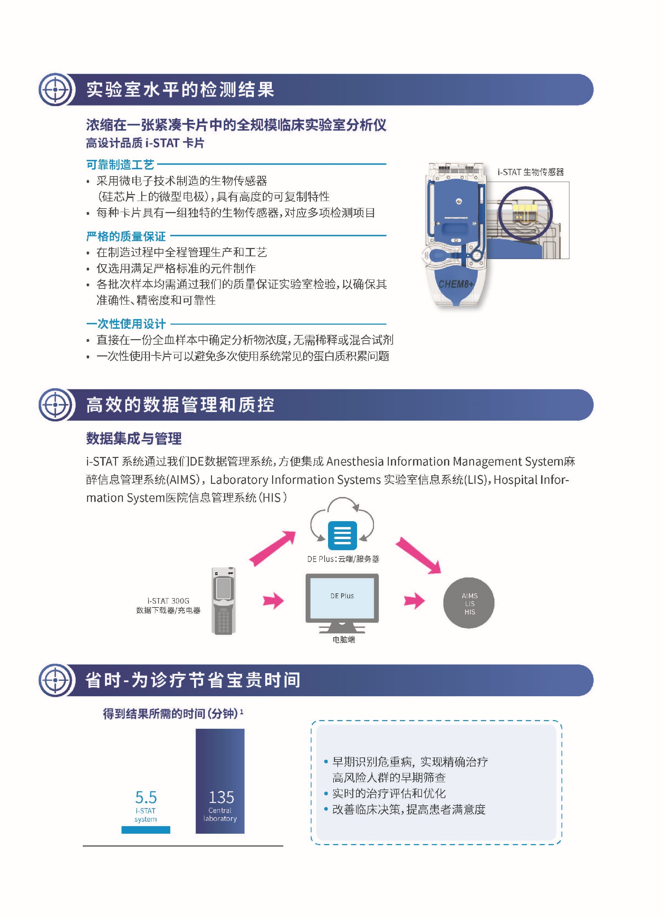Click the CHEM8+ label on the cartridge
pyautogui.click(x=456, y=284)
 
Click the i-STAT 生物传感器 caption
pyautogui.click(x=531, y=172)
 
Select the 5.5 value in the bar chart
pyautogui.click(x=146, y=797)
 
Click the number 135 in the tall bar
pyautogui.click(x=221, y=797)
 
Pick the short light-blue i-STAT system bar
pyautogui.click(x=146, y=830)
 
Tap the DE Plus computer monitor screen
pyautogui.click(x=342, y=598)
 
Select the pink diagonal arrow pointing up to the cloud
pyautogui.click(x=272, y=548)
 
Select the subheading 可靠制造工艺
pyautogui.click(x=120, y=165)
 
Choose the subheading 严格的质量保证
pyautogui.click(x=126, y=236)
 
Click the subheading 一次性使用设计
pyautogui.click(x=126, y=324)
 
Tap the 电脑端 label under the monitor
pyautogui.click(x=344, y=640)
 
